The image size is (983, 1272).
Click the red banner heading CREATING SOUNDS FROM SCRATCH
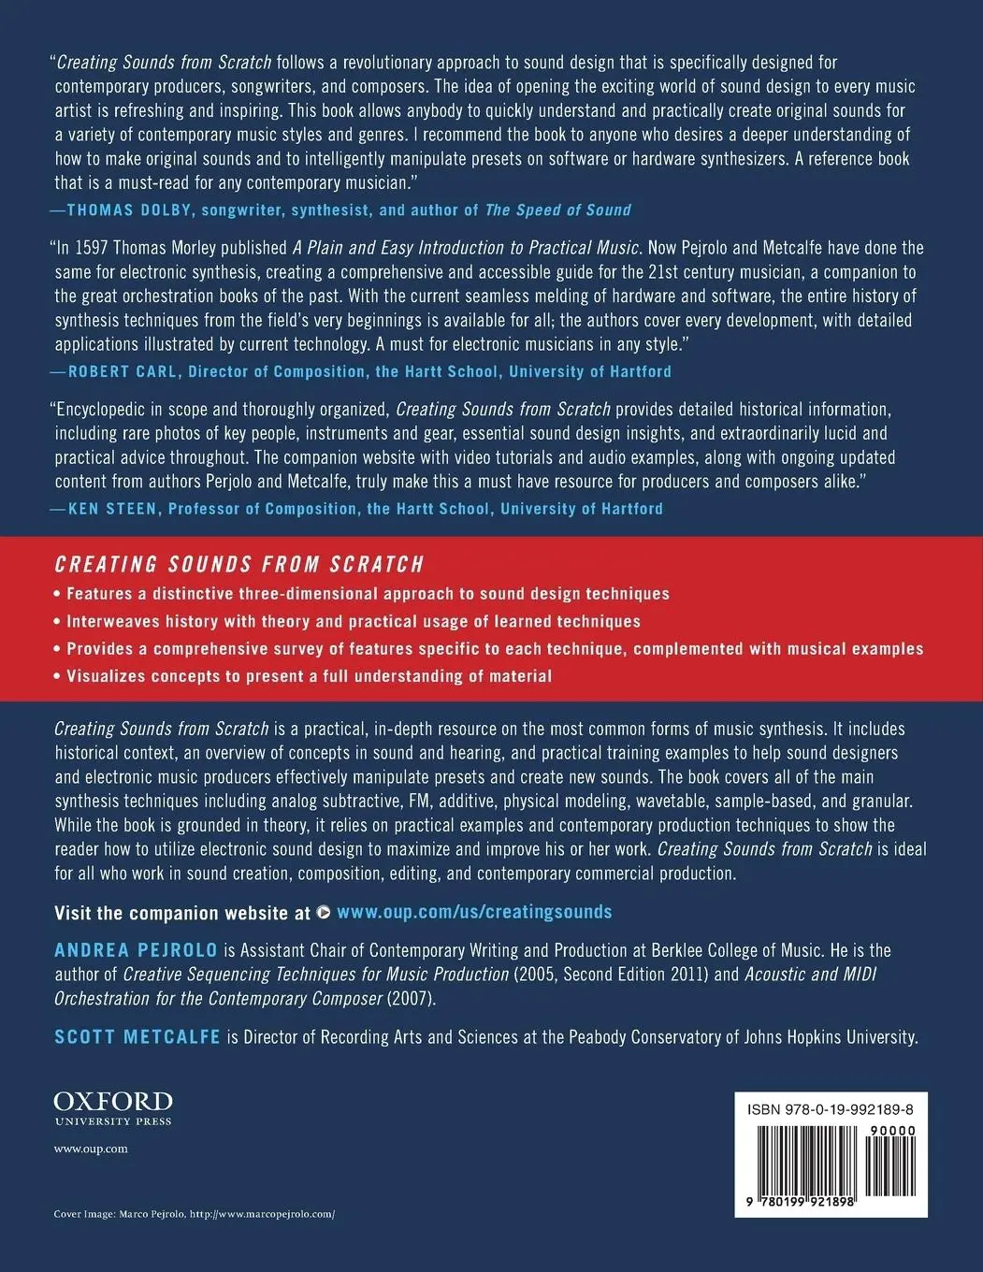[x=239, y=565]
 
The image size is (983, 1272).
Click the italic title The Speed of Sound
[x=557, y=210]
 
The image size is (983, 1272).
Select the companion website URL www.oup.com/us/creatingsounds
[x=473, y=912]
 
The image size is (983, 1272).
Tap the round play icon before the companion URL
[x=324, y=912]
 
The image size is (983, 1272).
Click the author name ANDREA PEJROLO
[x=136, y=950]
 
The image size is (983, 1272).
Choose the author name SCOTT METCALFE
[x=137, y=1036]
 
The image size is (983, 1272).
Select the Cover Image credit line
[x=194, y=1213]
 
